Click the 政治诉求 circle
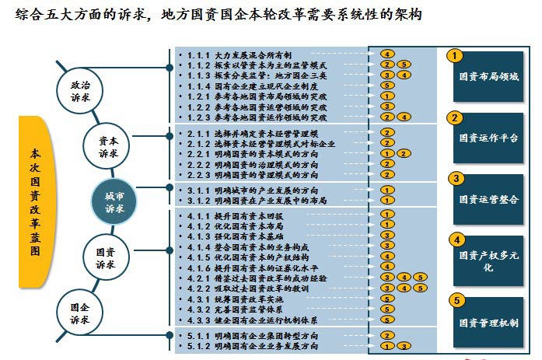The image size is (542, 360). (80, 91)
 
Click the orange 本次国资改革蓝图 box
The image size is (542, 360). (33, 202)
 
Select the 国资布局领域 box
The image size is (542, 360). (488, 78)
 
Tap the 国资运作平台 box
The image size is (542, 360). (488, 138)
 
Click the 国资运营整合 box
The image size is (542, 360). (488, 199)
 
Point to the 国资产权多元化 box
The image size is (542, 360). (488, 260)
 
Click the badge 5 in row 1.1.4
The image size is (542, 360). (386, 86)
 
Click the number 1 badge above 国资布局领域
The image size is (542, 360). (457, 55)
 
